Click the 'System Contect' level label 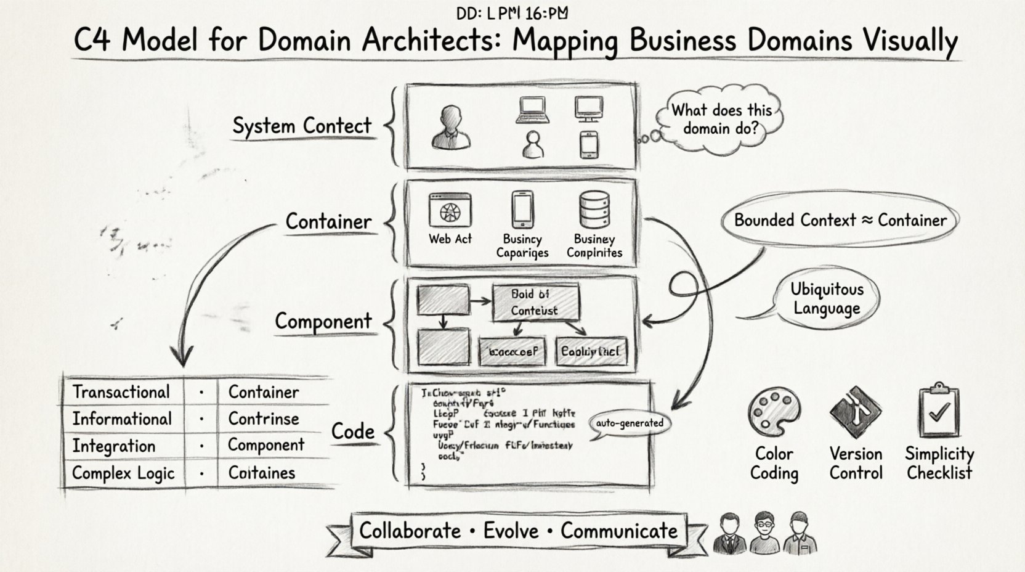(x=302, y=126)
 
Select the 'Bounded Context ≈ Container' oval (x=840, y=220)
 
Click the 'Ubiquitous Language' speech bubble (x=827, y=299)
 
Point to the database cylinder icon (x=594, y=210)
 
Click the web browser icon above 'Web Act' (x=450, y=211)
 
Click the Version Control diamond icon (x=855, y=412)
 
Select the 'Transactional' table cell (x=121, y=392)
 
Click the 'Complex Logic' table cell (x=123, y=473)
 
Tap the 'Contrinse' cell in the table (x=264, y=419)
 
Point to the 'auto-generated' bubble (x=630, y=423)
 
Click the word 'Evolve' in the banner (x=511, y=531)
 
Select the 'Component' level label (x=323, y=321)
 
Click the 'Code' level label (x=352, y=431)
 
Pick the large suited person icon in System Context (x=451, y=128)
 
